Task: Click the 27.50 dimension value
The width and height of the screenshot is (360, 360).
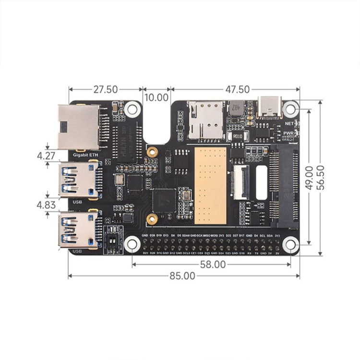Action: (x=106, y=89)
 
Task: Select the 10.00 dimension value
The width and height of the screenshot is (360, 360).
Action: (x=156, y=97)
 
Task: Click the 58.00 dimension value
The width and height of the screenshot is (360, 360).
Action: (x=213, y=264)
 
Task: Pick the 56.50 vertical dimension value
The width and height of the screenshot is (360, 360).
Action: (x=328, y=178)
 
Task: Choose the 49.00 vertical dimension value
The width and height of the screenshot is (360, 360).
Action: (x=310, y=178)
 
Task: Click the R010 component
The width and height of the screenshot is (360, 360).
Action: (x=237, y=136)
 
